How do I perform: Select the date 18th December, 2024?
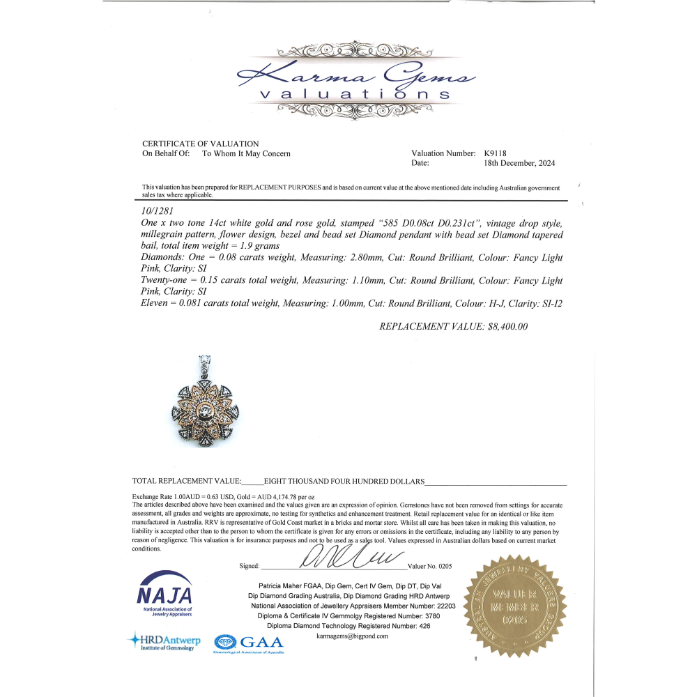519,163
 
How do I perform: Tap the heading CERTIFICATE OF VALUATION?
201,144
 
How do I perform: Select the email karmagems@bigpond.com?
352,636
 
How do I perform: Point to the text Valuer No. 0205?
429,566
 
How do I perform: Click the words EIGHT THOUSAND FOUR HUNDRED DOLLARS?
344,482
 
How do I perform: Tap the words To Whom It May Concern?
246,153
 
